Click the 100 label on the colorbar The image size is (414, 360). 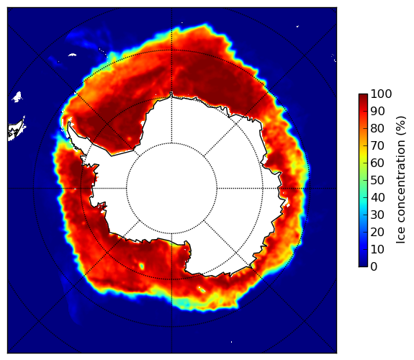(x=382, y=94)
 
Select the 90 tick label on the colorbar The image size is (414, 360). (x=377, y=111)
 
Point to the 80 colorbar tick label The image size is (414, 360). (x=377, y=129)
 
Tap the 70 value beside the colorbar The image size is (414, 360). (x=377, y=145)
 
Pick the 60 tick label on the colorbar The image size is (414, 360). (x=377, y=163)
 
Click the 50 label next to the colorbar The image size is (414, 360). (x=377, y=181)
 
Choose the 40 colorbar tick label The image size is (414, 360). (x=377, y=197)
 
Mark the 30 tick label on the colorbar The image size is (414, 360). (x=377, y=215)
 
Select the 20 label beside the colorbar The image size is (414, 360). (x=377, y=232)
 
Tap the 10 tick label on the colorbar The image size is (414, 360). (x=377, y=249)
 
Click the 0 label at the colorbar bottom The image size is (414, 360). (x=374, y=267)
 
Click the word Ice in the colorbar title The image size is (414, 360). (x=400, y=239)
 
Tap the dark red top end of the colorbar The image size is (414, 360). (x=363, y=95)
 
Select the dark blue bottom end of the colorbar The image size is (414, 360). (x=363, y=265)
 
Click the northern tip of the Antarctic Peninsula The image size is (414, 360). (x=69, y=122)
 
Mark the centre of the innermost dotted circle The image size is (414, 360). (x=171, y=189)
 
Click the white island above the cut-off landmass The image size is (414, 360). (x=17, y=96)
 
